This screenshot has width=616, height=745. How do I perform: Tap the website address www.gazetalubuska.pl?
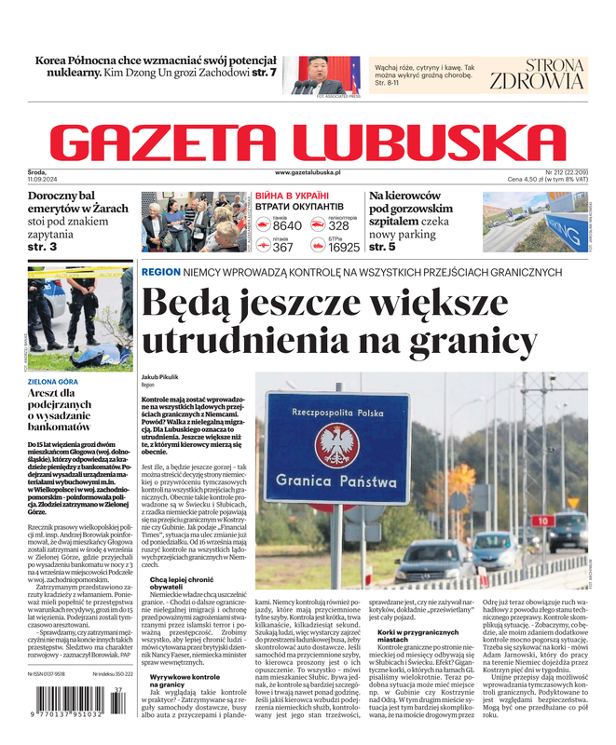(308, 173)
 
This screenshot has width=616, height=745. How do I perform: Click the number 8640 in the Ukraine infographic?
(287, 225)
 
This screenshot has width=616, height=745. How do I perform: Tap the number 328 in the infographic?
(338, 225)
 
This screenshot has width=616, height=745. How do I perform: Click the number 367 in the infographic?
(282, 248)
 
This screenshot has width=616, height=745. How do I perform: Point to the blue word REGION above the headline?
(160, 272)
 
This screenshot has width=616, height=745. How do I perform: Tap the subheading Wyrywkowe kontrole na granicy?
(185, 682)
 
